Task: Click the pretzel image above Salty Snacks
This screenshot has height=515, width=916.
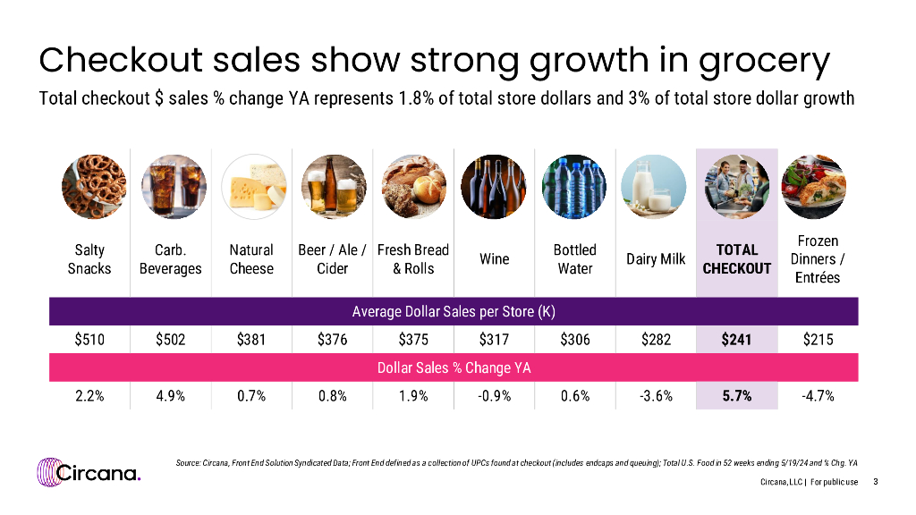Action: click(89, 187)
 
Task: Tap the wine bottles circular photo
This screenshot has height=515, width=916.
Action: click(494, 187)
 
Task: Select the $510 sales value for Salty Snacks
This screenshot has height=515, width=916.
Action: click(89, 340)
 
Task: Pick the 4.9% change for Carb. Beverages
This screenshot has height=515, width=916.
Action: click(170, 396)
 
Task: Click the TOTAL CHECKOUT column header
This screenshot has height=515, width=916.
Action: click(737, 259)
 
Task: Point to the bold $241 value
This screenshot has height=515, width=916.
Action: click(737, 340)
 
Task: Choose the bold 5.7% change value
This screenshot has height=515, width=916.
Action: click(737, 396)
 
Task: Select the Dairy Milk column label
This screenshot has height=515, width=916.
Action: click(656, 259)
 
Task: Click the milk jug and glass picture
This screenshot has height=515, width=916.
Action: click(656, 187)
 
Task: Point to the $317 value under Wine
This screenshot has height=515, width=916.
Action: click(494, 340)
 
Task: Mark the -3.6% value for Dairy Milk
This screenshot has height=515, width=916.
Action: click(656, 396)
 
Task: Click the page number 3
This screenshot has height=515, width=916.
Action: click(875, 483)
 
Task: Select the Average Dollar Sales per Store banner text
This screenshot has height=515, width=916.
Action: click(454, 311)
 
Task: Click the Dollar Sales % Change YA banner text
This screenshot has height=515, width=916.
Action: click(454, 367)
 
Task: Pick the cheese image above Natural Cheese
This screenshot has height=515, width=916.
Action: click(252, 187)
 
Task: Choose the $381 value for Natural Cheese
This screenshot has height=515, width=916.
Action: click(251, 340)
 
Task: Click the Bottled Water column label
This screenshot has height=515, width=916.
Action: click(574, 259)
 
